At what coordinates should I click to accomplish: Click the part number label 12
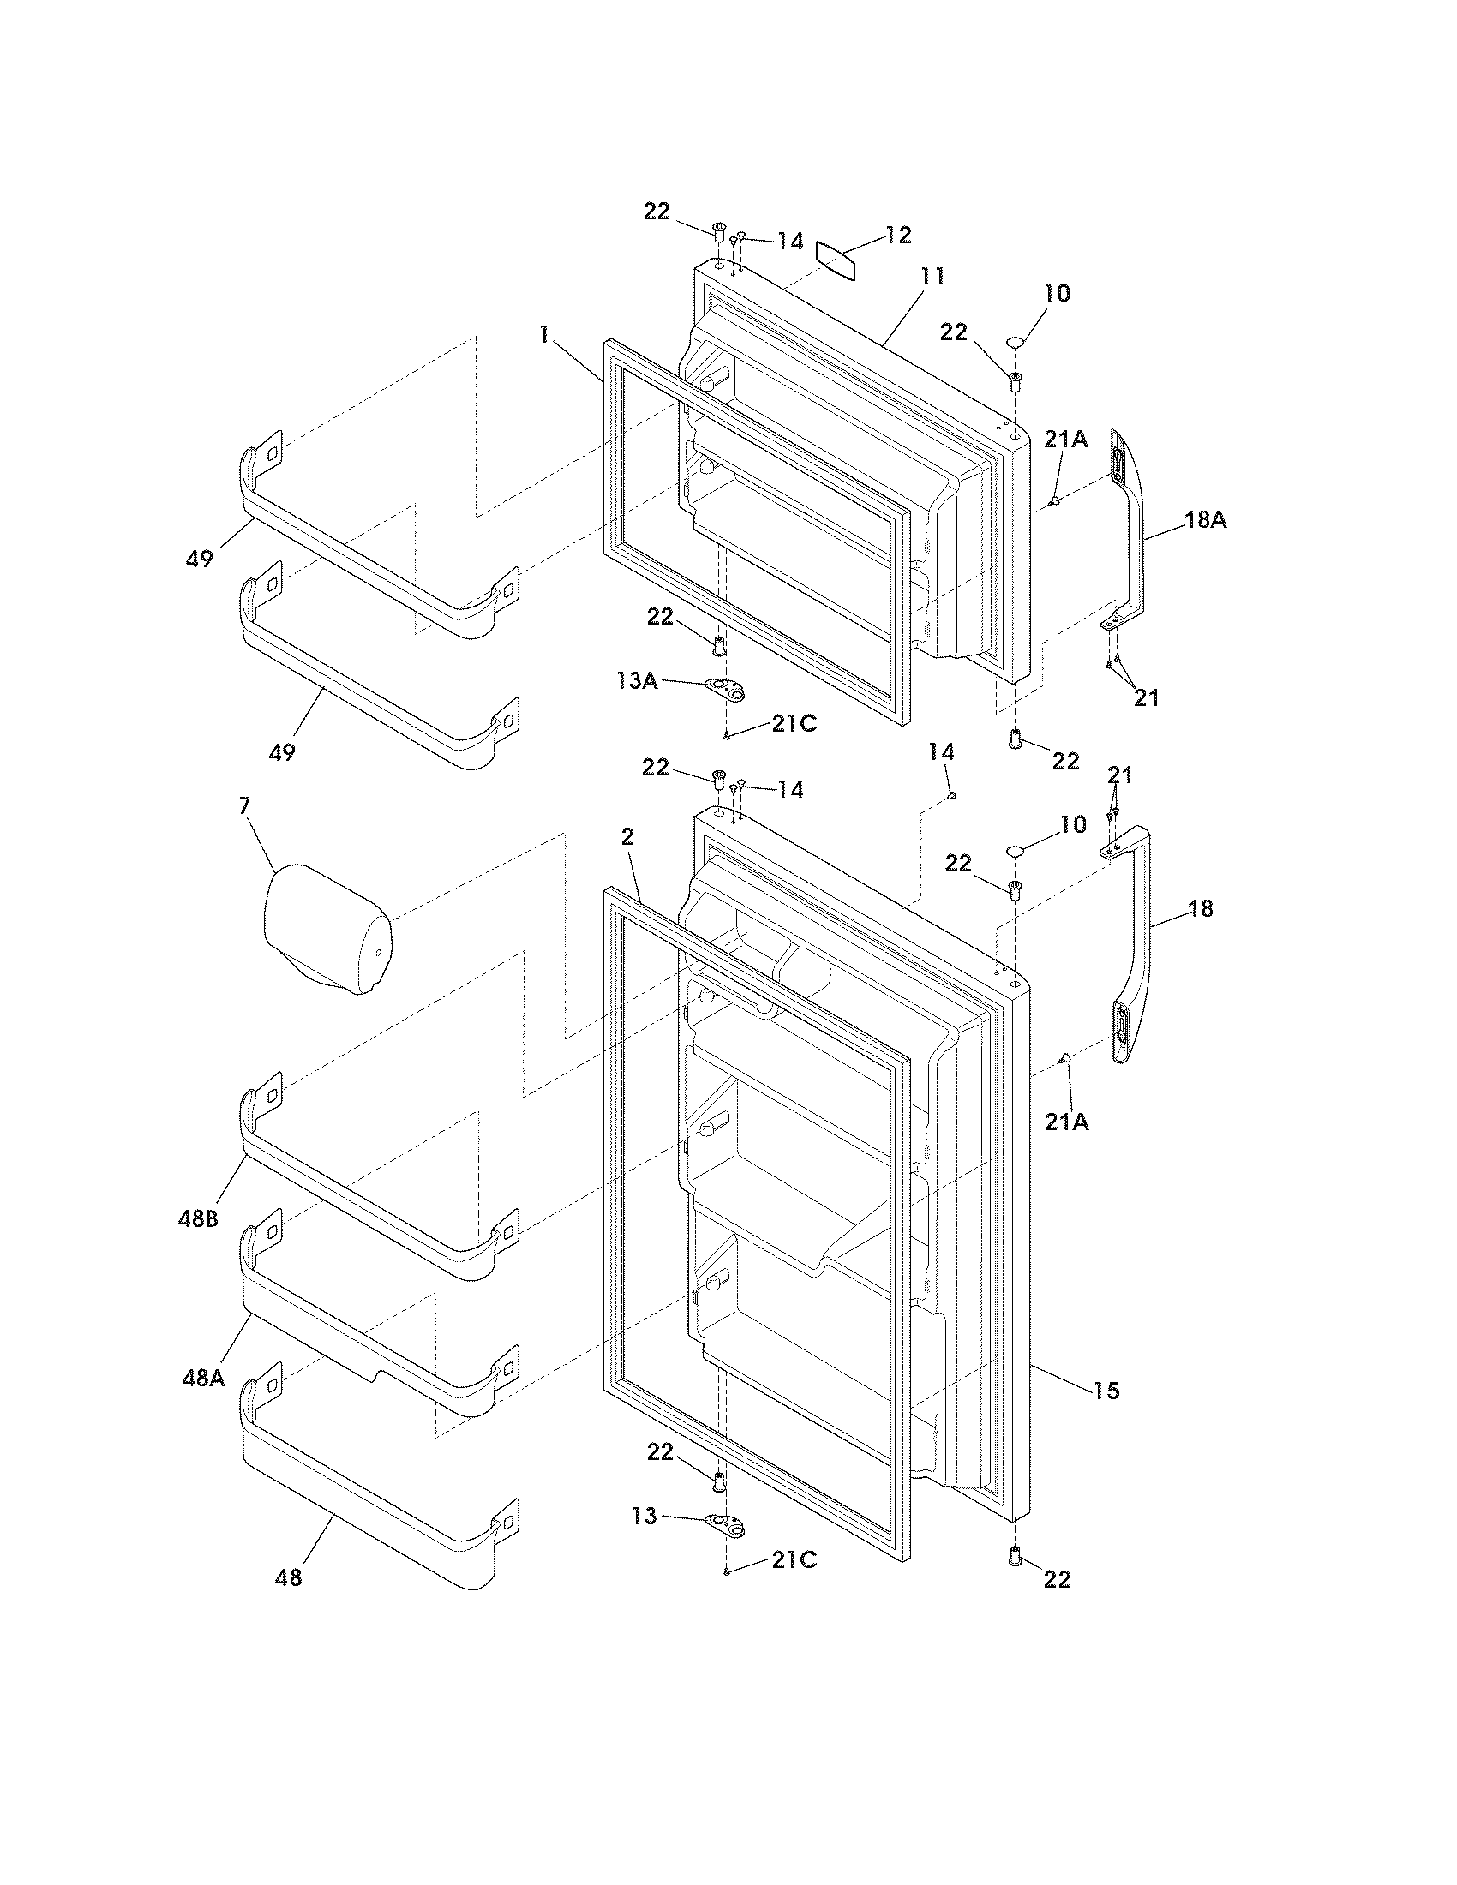tap(897, 235)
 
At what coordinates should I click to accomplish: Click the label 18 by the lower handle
tap(1200, 908)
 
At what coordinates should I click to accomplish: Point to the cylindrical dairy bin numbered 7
tap(327, 931)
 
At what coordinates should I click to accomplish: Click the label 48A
tap(204, 1379)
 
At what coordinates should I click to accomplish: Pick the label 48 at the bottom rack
tap(288, 1577)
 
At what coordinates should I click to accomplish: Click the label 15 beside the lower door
tap(1106, 1391)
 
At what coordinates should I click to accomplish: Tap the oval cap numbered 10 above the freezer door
tap(1016, 343)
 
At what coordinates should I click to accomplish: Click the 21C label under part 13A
tap(794, 723)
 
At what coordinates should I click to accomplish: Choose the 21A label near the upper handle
tap(1065, 439)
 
